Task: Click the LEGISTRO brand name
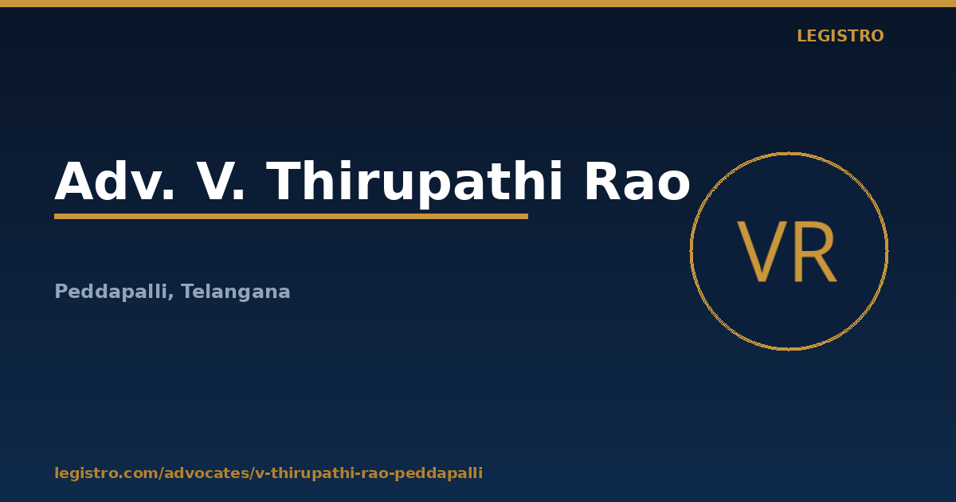(840, 36)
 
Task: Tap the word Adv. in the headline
(115, 181)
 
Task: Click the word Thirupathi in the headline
(414, 183)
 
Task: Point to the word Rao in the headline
(637, 181)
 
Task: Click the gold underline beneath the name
(291, 217)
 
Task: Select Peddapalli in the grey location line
(111, 292)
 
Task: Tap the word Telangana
(236, 292)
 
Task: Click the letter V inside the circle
(762, 252)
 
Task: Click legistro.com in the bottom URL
(106, 473)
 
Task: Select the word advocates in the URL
(206, 473)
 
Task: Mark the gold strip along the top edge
(478, 3)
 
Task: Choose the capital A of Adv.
(75, 181)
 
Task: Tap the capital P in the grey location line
(61, 291)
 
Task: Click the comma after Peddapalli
(170, 297)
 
